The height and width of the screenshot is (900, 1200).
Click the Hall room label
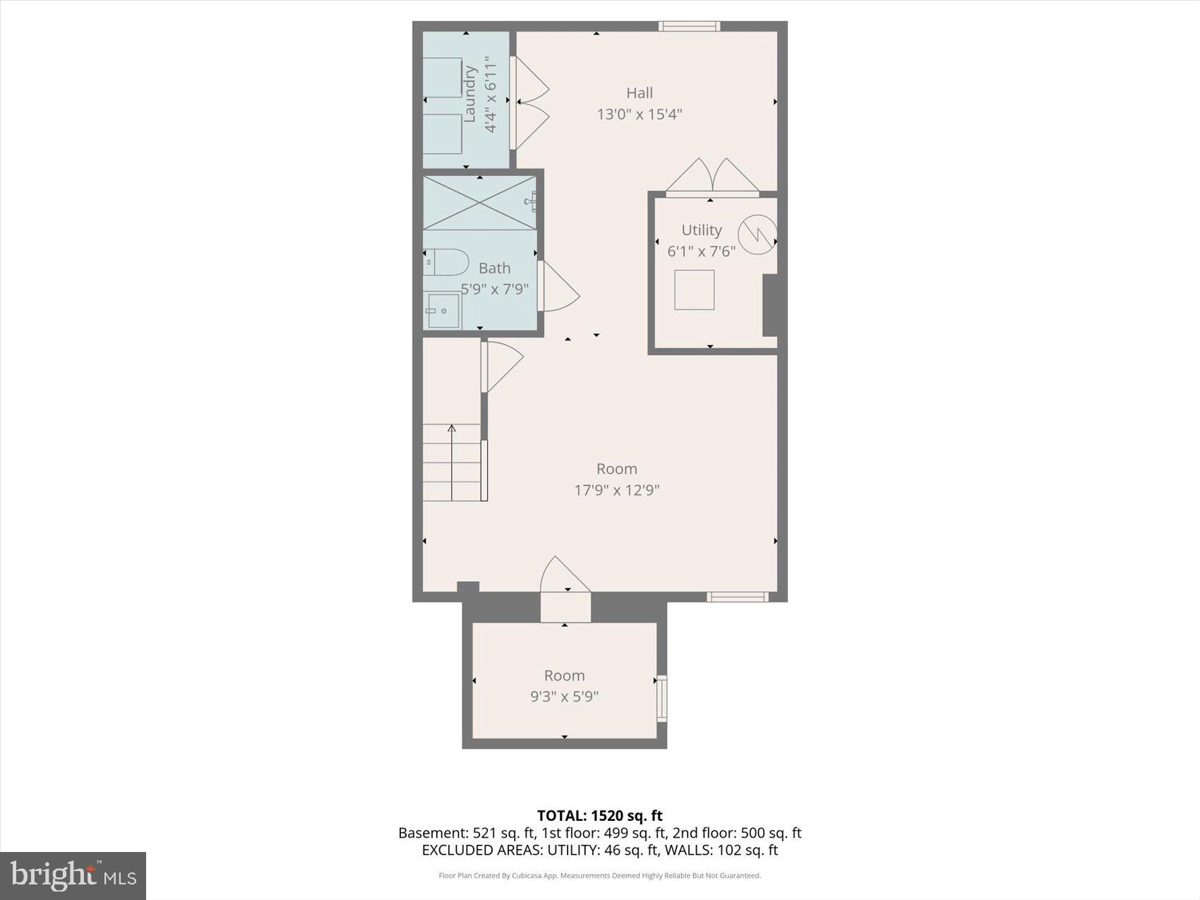[640, 93]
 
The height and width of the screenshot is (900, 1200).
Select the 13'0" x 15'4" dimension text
[640, 114]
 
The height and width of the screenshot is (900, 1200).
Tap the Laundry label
[469, 94]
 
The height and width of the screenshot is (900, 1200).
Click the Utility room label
[701, 230]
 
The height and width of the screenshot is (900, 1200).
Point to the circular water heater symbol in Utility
[757, 234]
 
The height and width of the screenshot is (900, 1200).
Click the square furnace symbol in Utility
[694, 289]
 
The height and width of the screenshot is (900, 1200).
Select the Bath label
[494, 268]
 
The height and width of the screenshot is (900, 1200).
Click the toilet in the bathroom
[446, 263]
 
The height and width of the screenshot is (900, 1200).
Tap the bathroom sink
[443, 311]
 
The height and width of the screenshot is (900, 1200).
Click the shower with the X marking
[479, 203]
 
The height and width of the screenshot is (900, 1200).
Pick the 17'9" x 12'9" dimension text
[616, 490]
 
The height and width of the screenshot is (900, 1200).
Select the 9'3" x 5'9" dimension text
[564, 697]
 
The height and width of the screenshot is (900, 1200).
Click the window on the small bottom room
[661, 698]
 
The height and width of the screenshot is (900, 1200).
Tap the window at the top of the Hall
[689, 27]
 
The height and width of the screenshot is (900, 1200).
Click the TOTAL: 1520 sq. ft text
[599, 816]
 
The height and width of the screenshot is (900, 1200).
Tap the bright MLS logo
[73, 876]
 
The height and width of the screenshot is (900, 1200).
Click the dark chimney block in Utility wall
[771, 305]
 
